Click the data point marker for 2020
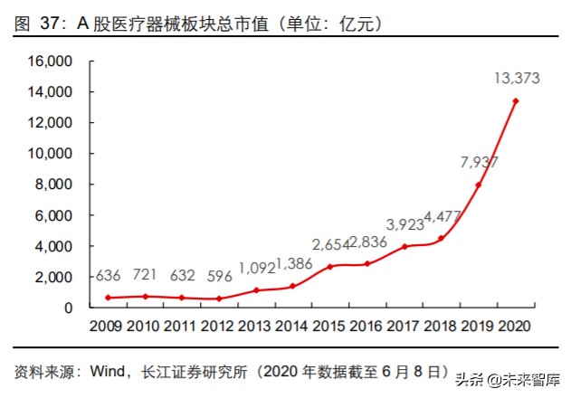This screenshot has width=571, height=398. click(x=515, y=101)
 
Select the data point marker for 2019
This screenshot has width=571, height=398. click(x=478, y=185)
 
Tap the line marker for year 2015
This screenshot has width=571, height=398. click(x=330, y=266)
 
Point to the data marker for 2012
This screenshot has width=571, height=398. click(x=219, y=298)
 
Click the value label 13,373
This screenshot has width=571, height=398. click(x=517, y=79)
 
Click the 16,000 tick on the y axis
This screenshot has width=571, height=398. click(x=51, y=62)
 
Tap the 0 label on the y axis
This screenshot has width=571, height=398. click(x=68, y=308)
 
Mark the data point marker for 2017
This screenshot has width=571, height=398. click(x=404, y=246)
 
